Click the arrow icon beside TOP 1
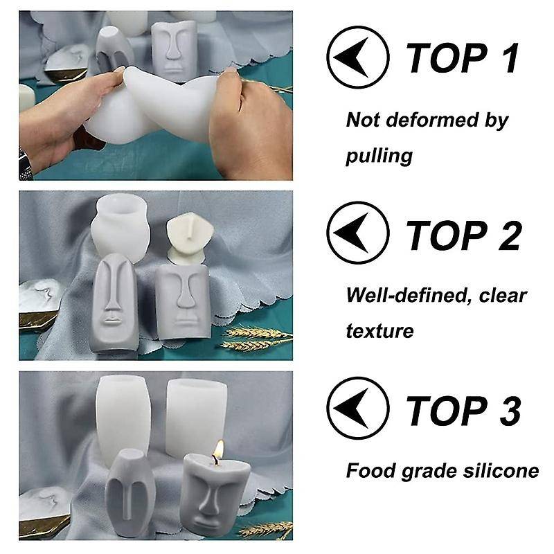(x=357, y=57)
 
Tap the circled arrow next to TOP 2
(x=357, y=233)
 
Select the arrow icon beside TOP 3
(x=357, y=409)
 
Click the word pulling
(x=379, y=156)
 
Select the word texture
(x=379, y=331)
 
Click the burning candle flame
(x=219, y=449)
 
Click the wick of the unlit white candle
(x=190, y=225)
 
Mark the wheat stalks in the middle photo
(x=258, y=338)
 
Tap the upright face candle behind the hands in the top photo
(x=174, y=49)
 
